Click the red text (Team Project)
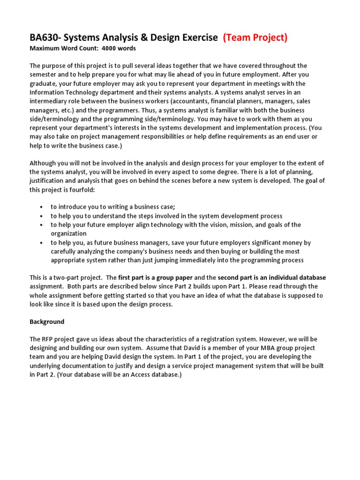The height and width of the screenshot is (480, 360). click(x=255, y=37)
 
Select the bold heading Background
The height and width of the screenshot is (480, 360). click(x=47, y=322)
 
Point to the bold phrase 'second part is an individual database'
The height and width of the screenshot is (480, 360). click(x=272, y=277)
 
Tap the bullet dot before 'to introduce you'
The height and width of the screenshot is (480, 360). click(x=42, y=207)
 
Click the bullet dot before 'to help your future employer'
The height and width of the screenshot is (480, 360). click(x=42, y=225)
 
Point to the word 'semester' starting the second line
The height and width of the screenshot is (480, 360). click(x=44, y=75)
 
